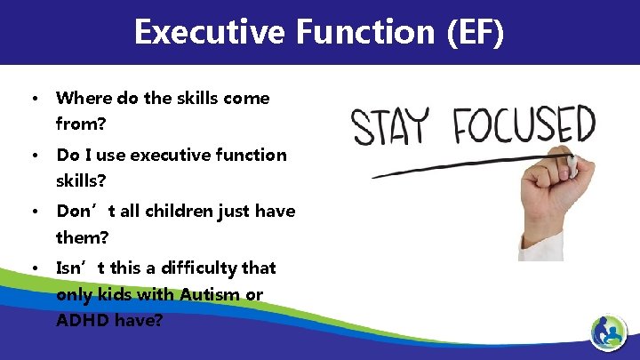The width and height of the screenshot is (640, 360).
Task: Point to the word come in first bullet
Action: click(x=248, y=98)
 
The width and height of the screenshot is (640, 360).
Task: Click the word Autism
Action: click(x=210, y=294)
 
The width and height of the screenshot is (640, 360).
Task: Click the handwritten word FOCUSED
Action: click(x=524, y=125)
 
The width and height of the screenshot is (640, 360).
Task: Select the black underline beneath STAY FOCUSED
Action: click(x=462, y=165)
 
